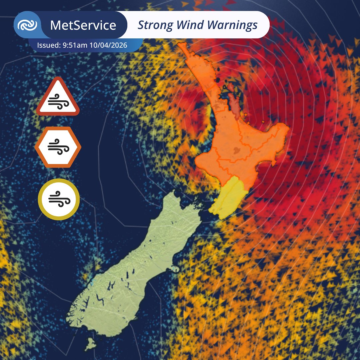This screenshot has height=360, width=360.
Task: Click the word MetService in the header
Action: tap(83, 25)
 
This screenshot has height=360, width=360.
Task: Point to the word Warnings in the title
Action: tap(232, 25)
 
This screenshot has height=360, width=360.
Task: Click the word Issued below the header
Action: tap(49, 45)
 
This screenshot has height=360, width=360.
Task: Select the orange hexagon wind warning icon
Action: tap(58, 147)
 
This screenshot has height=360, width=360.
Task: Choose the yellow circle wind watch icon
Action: tap(59, 199)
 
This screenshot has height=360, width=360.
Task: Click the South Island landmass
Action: tap(133, 267)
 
